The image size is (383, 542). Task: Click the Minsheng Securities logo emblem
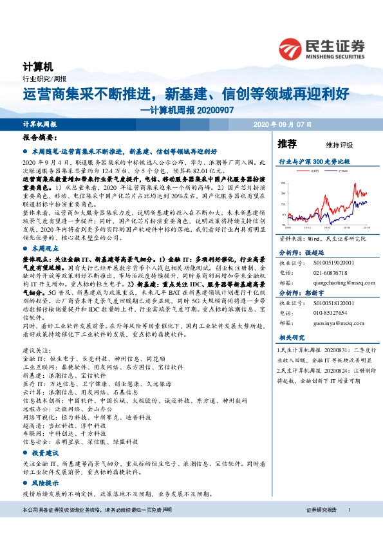[292, 48]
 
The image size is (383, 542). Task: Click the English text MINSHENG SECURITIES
[335, 56]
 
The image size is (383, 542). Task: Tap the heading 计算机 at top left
[36, 67]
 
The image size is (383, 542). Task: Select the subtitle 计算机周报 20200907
[186, 109]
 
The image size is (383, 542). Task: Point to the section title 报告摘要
[40, 138]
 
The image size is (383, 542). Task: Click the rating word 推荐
[287, 143]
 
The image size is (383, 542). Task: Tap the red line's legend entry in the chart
[313, 172]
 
